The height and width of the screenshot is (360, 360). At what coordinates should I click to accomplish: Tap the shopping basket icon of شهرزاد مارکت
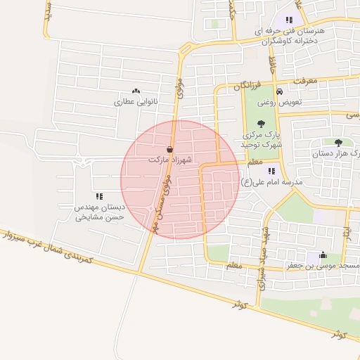[x=172, y=149]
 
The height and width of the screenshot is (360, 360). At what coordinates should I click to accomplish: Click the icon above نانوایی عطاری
[x=136, y=91]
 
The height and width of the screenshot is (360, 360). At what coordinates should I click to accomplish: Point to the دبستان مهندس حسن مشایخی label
[x=99, y=212]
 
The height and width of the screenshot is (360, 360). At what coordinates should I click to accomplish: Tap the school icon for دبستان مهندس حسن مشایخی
[x=98, y=197]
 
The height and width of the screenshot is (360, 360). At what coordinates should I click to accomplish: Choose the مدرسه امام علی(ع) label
[x=271, y=182]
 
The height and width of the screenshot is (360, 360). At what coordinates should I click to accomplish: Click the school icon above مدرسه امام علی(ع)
[x=271, y=170]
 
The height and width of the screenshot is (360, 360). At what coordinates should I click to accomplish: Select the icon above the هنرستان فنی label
[x=288, y=20]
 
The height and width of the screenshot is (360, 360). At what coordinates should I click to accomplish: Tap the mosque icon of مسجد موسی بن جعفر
[x=323, y=255]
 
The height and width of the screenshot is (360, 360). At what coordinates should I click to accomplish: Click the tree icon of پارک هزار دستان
[x=338, y=142]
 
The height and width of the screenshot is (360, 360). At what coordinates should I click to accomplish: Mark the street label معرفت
[x=306, y=81]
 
